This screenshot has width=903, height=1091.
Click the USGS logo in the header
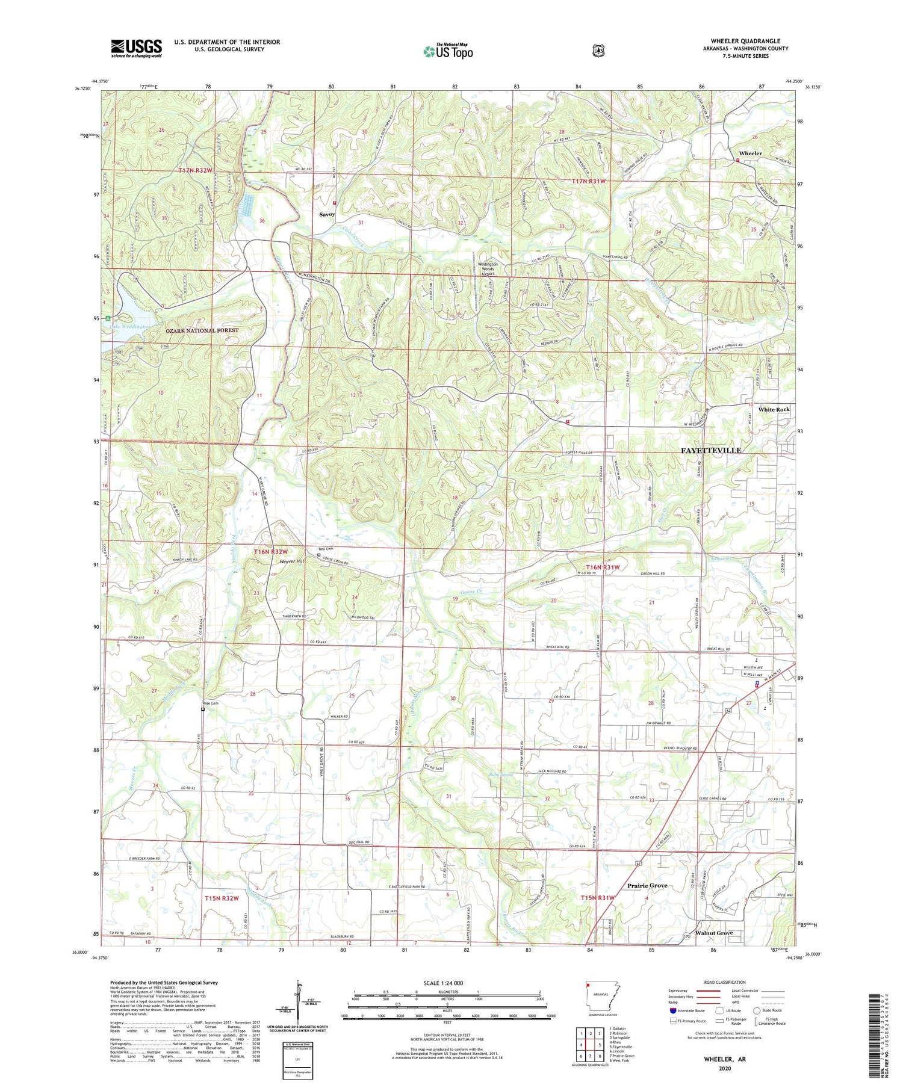pyautogui.click(x=136, y=48)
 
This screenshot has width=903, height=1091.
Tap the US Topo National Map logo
pyautogui.click(x=448, y=51)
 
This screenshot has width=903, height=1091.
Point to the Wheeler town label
pyautogui.click(x=750, y=153)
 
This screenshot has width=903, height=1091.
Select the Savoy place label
pyautogui.click(x=327, y=214)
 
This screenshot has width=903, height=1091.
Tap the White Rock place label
pyautogui.click(x=774, y=409)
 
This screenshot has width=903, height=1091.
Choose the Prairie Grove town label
pyautogui.click(x=647, y=886)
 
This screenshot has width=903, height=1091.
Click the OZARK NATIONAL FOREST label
pyautogui.click(x=202, y=330)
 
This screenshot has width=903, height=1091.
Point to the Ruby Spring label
pyautogui.click(x=501, y=774)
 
